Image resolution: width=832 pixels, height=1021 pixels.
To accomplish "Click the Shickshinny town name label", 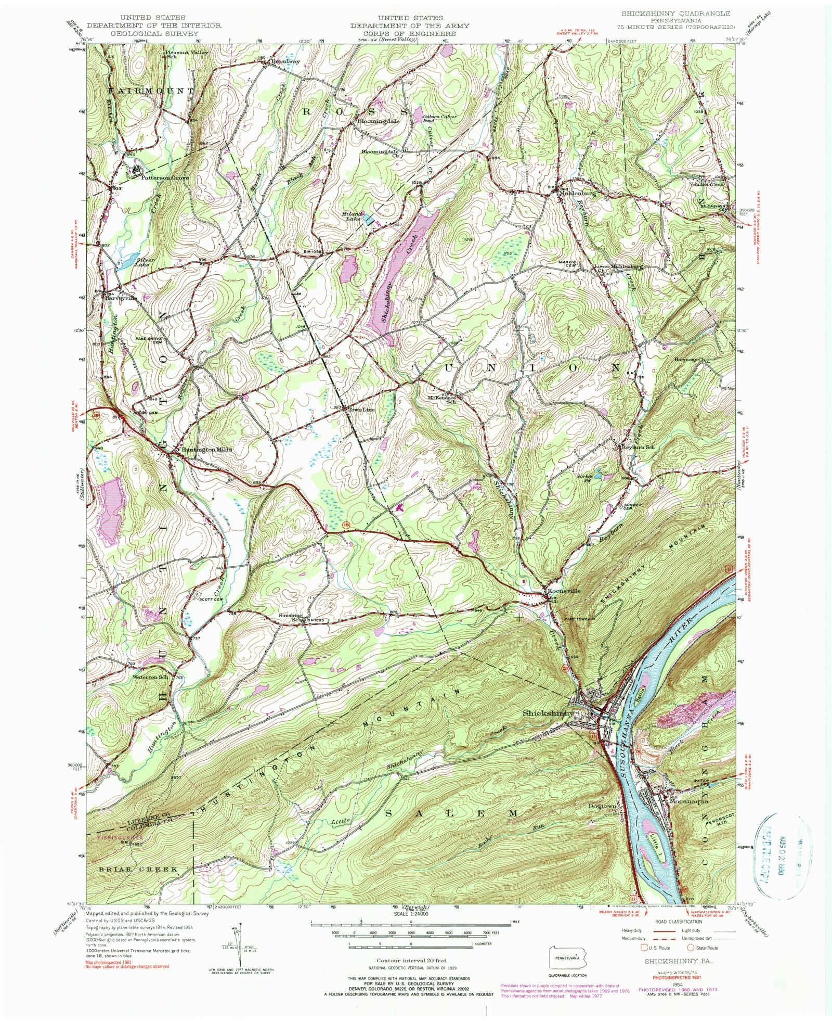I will [x=548, y=713].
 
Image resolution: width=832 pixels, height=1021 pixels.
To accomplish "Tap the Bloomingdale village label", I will [x=378, y=121].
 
